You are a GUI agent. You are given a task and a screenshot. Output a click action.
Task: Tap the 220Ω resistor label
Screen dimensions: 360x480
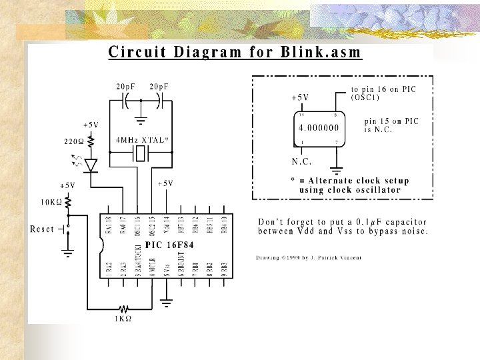pyautogui.click(x=74, y=141)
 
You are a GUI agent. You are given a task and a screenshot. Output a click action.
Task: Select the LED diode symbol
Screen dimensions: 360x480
pyautogui.click(x=91, y=164)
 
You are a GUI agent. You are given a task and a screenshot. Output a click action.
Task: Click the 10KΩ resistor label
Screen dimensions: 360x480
pyautogui.click(x=51, y=201)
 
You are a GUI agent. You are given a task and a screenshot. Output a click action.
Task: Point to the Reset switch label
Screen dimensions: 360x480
pyautogui.click(x=42, y=229)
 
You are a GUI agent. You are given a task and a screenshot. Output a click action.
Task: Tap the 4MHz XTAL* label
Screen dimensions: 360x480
pyautogui.click(x=142, y=141)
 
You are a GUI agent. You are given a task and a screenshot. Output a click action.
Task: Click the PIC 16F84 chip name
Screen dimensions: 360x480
pyautogui.click(x=167, y=245)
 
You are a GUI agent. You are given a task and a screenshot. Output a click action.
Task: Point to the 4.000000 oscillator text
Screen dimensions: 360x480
pyautogui.click(x=318, y=127)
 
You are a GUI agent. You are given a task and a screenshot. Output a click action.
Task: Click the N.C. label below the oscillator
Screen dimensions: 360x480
pyautogui.click(x=301, y=161)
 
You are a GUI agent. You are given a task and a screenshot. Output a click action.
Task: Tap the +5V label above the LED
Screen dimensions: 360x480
pyautogui.click(x=91, y=125)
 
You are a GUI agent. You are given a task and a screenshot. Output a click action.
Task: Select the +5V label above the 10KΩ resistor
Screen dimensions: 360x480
pyautogui.click(x=67, y=185)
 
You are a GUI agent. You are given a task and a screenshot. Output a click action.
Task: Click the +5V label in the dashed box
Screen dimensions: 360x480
pyautogui.click(x=300, y=97)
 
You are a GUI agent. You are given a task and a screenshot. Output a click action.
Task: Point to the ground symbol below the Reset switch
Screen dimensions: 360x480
pyautogui.click(x=67, y=253)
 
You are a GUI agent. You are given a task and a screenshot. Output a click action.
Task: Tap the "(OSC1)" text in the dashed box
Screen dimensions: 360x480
pyautogui.click(x=365, y=97)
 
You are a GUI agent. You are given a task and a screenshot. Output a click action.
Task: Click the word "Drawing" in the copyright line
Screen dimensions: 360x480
pyautogui.click(x=269, y=258)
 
